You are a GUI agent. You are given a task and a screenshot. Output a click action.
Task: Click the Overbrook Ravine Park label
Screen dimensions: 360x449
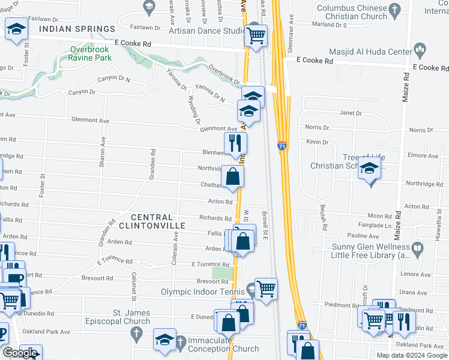[x=90, y=53]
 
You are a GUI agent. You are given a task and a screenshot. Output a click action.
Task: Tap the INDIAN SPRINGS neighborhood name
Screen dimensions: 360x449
[x=76, y=29]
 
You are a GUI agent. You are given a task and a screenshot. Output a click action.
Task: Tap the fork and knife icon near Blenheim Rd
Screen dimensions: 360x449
[x=235, y=143]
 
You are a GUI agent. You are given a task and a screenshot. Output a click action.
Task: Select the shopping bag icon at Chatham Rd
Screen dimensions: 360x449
[x=232, y=176]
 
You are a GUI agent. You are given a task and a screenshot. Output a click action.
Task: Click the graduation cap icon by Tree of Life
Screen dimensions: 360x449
[x=370, y=168]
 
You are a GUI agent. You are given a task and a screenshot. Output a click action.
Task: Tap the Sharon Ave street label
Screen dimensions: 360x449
[x=103, y=148]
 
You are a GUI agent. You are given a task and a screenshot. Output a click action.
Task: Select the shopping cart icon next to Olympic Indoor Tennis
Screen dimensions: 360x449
[x=265, y=289]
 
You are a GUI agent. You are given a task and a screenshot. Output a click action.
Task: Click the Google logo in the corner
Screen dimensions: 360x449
[x=20, y=353]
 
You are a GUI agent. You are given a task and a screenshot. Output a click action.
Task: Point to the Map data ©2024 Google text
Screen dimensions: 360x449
[x=412, y=355]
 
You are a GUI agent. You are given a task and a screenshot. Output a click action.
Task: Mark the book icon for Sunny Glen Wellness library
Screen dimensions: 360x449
[x=417, y=247]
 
